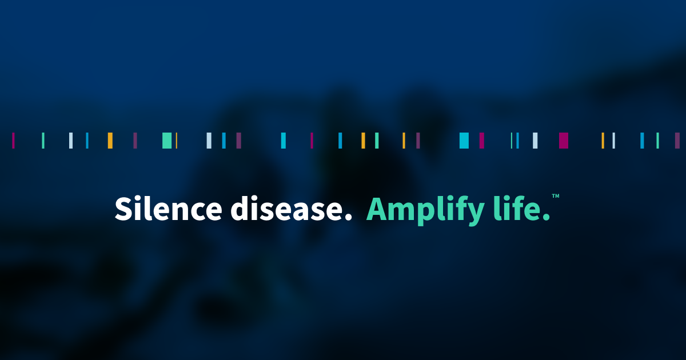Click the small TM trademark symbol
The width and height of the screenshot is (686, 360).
555,197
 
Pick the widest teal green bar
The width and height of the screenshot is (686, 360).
167,141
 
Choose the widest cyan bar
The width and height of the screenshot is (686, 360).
464,141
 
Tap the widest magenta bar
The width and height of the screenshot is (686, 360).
564,141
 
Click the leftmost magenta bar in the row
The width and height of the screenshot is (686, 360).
13,141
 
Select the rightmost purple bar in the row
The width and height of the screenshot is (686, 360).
677,141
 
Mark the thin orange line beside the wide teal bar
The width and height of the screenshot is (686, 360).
177,141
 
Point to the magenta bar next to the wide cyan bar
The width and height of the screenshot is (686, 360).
482,141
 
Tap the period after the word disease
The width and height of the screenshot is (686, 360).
348,218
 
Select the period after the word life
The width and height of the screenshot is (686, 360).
547,218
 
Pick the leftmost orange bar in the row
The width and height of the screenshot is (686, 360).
110,141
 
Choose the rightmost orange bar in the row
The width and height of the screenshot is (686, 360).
603,141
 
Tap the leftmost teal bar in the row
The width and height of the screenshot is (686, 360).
43,141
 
